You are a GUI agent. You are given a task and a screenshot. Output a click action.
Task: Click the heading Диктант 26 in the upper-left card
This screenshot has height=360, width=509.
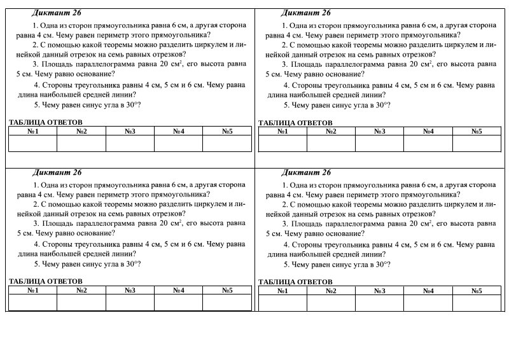tap(57, 13)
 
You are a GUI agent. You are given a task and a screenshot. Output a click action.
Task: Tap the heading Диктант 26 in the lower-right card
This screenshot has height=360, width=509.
tap(306, 172)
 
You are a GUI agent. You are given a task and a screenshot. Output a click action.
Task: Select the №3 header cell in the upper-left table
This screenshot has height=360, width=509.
tap(130, 131)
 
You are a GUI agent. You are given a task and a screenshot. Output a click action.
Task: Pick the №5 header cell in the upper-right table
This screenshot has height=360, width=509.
tap(477, 131)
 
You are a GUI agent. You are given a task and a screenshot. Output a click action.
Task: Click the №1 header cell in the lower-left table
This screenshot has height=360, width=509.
tap(33, 291)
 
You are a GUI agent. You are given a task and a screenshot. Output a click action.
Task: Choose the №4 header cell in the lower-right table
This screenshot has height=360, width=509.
tap(428, 291)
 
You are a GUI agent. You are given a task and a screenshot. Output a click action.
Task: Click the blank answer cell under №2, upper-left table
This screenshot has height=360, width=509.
tap(81, 143)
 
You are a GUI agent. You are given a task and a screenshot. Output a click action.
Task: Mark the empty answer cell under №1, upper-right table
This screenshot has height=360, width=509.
tap(282, 143)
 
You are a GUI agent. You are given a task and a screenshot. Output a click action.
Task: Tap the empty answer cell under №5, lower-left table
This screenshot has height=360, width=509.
tap(227, 302)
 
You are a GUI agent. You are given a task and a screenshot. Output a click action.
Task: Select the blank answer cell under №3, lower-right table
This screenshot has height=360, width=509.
tap(380, 302)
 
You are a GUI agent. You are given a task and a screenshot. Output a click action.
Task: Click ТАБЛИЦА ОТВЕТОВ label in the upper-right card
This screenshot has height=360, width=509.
tap(295, 123)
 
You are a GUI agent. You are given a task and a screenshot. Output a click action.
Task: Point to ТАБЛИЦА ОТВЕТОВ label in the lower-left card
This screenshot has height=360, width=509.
tap(46, 281)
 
